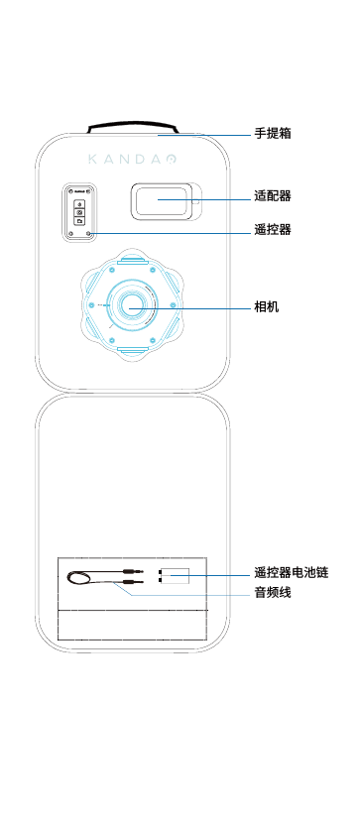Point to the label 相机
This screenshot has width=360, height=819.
pyautogui.click(x=267, y=307)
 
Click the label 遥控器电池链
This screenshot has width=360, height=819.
pyautogui.click(x=291, y=573)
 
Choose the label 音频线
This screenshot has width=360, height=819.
pyautogui.click(x=273, y=593)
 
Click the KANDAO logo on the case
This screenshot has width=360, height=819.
pyautogui.click(x=132, y=159)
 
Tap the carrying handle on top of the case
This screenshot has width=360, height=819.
pyautogui.click(x=132, y=126)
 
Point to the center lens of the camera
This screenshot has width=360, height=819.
pyautogui.click(x=131, y=307)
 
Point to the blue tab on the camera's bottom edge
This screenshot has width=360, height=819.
pyautogui.click(x=131, y=350)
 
